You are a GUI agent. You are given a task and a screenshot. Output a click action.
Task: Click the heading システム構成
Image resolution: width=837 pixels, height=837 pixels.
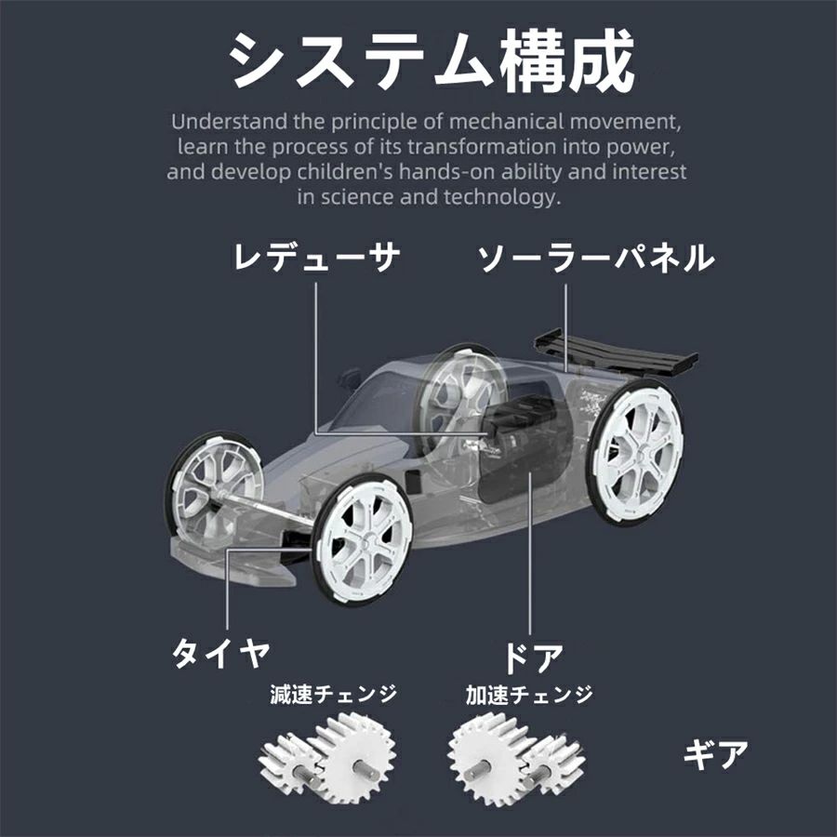coord(432,61)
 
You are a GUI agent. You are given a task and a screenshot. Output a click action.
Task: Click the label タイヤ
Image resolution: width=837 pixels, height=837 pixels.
coord(219,653)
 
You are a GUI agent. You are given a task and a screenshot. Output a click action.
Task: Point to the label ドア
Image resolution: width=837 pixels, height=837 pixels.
coord(533,658)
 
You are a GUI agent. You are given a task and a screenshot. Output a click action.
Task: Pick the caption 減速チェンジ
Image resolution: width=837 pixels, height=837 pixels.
coord(334,694)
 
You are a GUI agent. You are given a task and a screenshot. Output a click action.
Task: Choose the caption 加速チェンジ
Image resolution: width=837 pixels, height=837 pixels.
coord(529,694)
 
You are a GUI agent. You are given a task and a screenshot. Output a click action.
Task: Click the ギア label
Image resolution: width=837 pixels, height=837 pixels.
coord(716,754)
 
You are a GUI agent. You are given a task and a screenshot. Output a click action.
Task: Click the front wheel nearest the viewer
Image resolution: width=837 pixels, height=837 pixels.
coord(363,539)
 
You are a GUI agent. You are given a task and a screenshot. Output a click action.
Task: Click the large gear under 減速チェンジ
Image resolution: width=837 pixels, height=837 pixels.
coord(355,758)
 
